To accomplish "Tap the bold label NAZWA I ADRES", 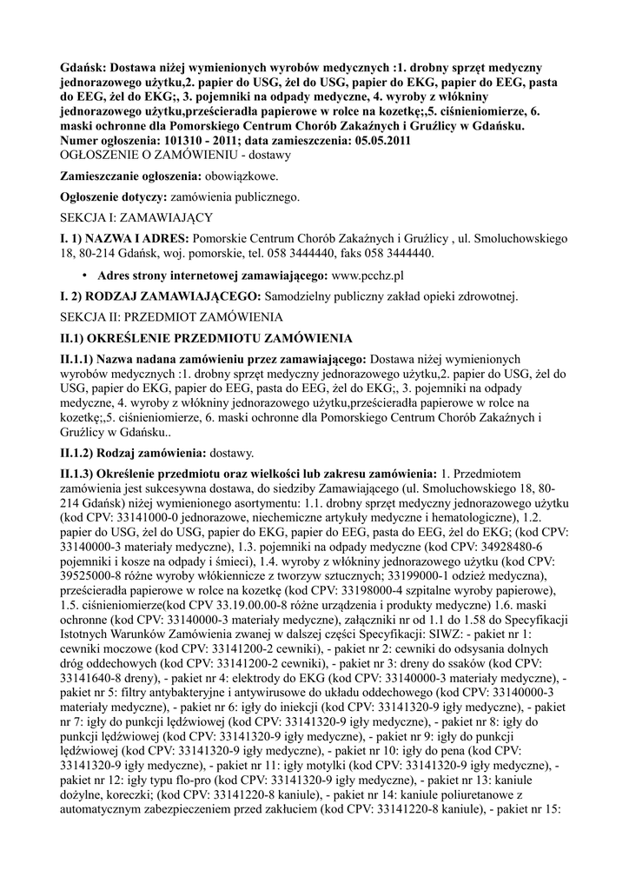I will (136, 237).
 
